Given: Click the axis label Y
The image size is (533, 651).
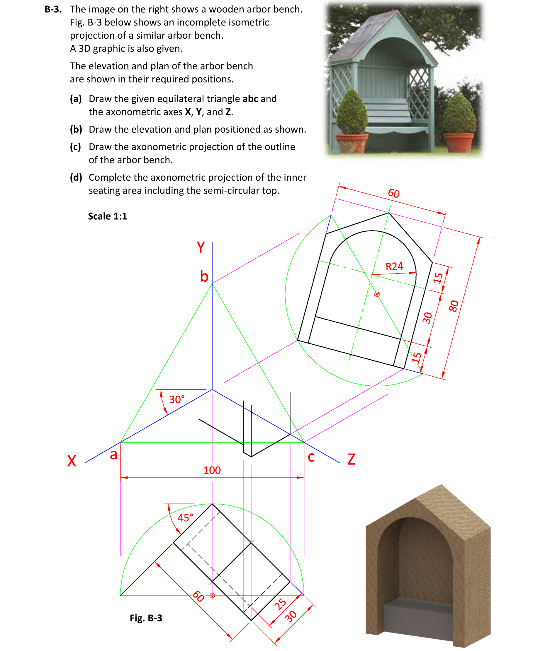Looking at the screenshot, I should (201, 247).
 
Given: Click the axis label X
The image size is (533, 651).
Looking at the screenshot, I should (72, 461).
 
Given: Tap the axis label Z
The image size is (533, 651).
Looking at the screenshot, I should (351, 459).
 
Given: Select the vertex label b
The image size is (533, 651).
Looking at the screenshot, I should (204, 276).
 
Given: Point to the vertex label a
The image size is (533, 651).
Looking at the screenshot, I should (113, 454).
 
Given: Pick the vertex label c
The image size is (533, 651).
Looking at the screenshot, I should (311, 457).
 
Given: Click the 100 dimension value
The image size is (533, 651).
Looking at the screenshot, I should (212, 470).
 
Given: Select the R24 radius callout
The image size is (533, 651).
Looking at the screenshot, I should (394, 266).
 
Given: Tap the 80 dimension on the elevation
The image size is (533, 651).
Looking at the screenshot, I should (454, 306).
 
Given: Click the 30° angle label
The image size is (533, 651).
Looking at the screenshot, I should (177, 399).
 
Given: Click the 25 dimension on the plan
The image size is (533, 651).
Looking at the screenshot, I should (280, 604).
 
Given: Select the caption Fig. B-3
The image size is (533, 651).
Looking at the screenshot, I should (146, 618).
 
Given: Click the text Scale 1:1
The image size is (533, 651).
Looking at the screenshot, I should (108, 216).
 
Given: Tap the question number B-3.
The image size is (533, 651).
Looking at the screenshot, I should (53, 9).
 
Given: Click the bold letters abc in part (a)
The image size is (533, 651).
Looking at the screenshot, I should (250, 99).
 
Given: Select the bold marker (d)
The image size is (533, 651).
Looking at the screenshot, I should (76, 177).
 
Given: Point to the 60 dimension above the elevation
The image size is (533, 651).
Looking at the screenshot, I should (394, 193).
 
